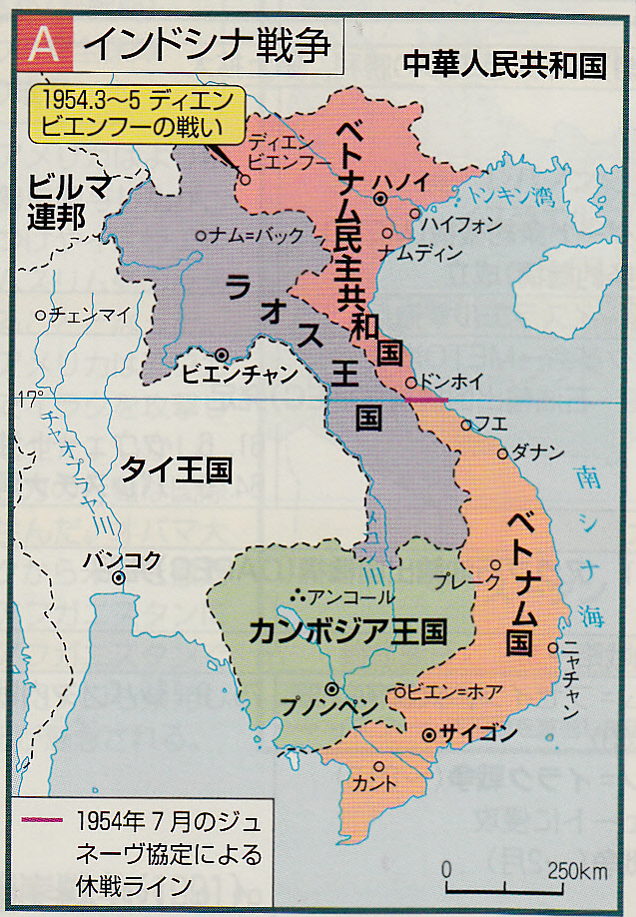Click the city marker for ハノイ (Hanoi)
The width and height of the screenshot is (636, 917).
(380, 200)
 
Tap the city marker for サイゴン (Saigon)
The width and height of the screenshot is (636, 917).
(429, 734)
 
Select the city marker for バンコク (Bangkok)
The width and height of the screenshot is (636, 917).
(119, 578)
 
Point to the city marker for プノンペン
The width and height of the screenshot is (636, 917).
(330, 689)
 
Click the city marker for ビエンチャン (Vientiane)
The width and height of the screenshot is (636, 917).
(221, 354)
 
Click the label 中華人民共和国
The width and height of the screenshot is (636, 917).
(505, 66)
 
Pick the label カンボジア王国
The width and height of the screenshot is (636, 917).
(346, 632)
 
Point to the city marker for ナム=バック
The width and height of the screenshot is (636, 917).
(202, 236)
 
